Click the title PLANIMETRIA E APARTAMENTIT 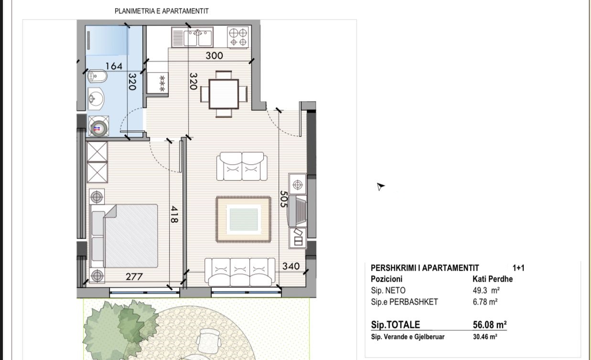point(161,11)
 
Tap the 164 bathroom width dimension point(114,66)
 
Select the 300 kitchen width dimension point(214,56)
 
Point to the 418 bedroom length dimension point(174,214)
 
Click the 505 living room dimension point(283,199)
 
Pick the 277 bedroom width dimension point(134,276)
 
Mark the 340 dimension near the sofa point(291,266)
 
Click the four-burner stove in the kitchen point(238,37)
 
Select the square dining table point(224,94)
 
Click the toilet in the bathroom point(97,76)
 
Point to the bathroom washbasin point(96,99)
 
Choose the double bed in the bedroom point(124,236)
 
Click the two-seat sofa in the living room point(242,167)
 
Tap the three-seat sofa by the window point(240,272)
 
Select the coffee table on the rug point(244,220)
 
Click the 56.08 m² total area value point(489,325)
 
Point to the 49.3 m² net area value point(486,290)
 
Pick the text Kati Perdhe point(492,279)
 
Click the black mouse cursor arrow point(380,186)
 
